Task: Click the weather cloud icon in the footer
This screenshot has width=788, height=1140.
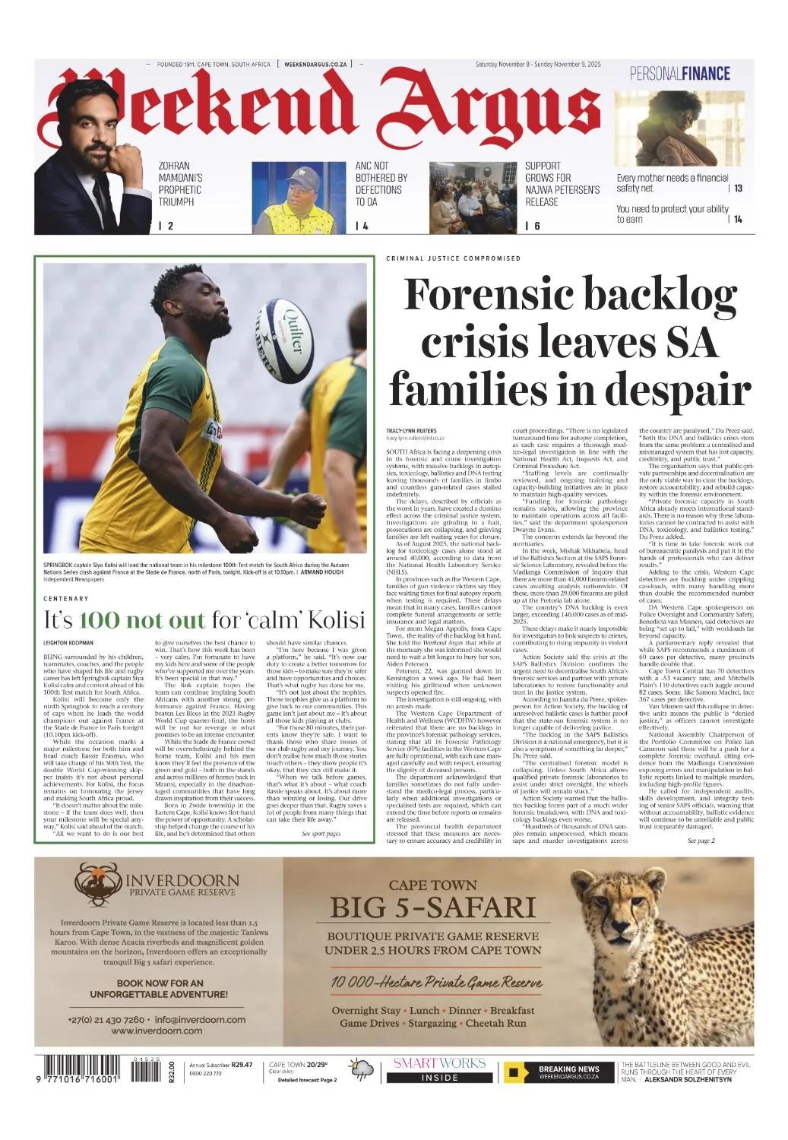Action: pos(362,1070)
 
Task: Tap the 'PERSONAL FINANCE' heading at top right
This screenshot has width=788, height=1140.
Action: pos(679,74)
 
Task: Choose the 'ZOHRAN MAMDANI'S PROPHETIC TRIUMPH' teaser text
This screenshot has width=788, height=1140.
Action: pos(180,184)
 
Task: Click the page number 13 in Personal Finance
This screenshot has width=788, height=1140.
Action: pos(738,188)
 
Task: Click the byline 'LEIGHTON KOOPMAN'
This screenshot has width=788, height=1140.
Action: pos(68,643)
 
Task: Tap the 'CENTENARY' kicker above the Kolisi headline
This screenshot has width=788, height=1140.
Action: pos(66,599)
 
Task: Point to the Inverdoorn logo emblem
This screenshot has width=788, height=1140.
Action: pos(98,884)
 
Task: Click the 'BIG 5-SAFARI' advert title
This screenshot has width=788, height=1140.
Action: pos(432,907)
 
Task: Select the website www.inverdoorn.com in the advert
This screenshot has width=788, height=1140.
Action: pos(157,1031)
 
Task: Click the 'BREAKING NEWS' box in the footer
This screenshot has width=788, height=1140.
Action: pos(559,1072)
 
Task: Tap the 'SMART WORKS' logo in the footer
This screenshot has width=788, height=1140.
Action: pos(439,1063)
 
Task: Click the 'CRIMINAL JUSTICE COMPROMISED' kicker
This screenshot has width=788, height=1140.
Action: pos(453,258)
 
